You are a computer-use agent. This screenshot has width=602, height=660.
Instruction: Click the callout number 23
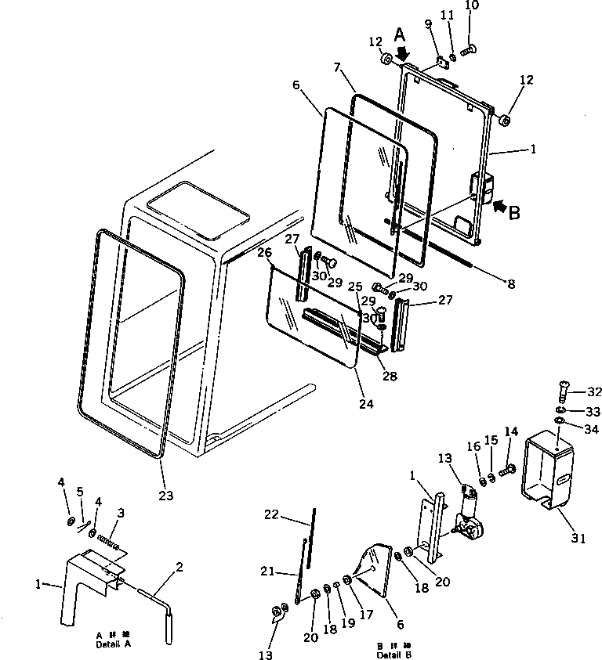coord(165,495)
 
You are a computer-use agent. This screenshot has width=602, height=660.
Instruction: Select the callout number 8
coord(511,284)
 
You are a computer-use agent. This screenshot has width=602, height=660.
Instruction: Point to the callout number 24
coord(367,404)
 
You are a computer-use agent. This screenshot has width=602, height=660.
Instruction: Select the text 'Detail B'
coord(393,654)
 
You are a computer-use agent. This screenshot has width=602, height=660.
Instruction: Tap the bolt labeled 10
coord(468,50)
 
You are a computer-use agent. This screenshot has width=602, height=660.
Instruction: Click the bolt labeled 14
coord(506,469)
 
